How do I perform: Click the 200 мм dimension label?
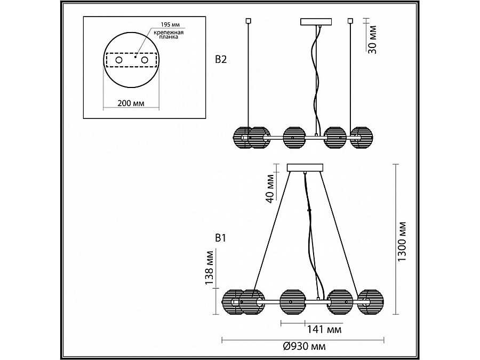(131, 103)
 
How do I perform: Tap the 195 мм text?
(171, 25)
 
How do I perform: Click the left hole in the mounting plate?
(119, 60)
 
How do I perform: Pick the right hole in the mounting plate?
(145, 60)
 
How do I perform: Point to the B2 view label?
(221, 59)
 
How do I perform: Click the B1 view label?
(220, 238)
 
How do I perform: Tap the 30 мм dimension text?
(372, 40)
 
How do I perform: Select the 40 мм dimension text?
(270, 188)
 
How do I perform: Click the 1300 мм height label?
(402, 242)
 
